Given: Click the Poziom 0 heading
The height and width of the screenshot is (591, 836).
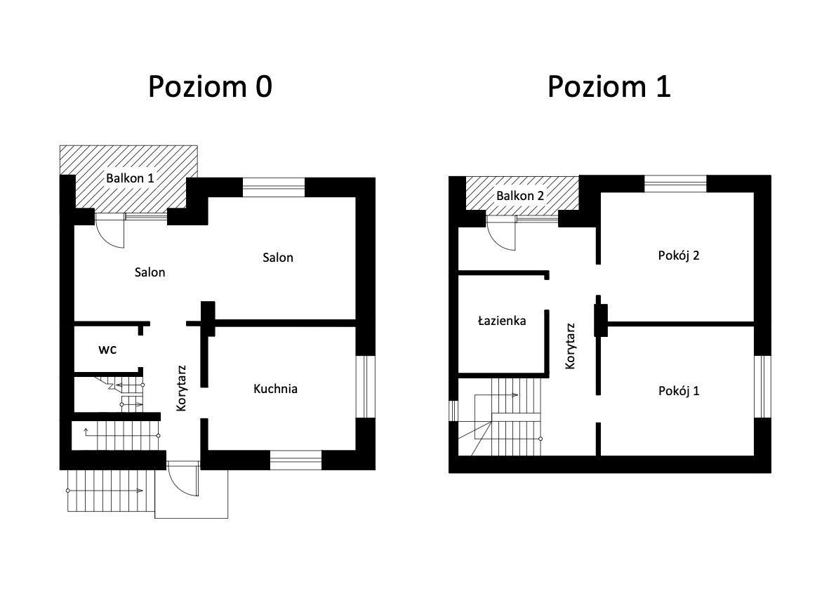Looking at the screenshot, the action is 210,86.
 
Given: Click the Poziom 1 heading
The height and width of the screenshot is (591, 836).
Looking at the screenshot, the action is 609,86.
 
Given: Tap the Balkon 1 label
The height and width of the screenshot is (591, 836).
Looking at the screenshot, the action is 130,178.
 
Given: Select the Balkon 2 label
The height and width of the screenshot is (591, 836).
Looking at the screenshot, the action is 520,196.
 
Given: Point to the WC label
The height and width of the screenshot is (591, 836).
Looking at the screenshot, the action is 107,350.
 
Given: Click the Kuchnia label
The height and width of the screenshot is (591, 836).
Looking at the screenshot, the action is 275,388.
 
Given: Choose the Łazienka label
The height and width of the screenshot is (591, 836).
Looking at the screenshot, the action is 502,320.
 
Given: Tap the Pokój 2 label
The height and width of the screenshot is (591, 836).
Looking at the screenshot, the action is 679,255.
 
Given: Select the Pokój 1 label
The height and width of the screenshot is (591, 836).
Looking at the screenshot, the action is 679,391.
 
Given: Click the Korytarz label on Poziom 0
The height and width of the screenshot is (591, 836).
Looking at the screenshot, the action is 181,388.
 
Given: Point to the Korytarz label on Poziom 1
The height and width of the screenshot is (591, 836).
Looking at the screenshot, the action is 570,346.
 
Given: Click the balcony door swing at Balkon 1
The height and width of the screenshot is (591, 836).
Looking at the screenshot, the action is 110,234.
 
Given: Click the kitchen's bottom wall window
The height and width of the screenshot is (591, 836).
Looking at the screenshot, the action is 296,460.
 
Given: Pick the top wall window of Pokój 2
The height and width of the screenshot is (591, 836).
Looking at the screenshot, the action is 675,184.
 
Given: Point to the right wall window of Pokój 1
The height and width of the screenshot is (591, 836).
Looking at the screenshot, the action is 762,386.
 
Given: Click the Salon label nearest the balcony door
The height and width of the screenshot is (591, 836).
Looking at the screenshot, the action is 150,272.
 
